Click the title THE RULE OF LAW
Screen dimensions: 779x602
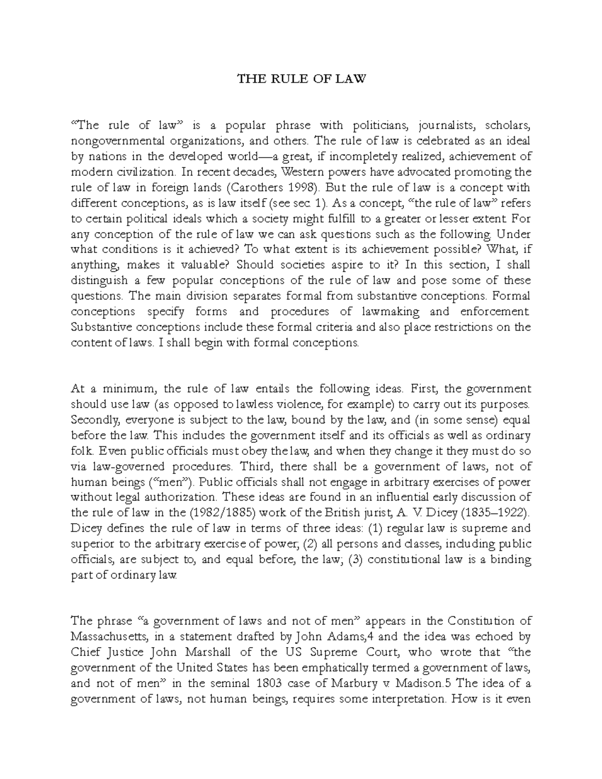[x=302, y=79]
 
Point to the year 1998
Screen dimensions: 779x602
[x=299, y=188]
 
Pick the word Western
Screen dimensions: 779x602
[x=302, y=172]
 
